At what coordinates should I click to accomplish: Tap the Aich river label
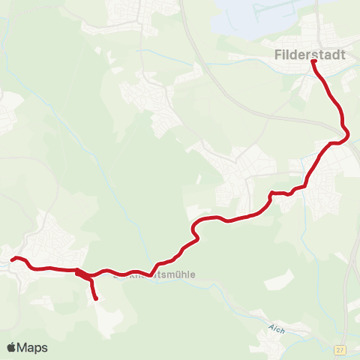click(x=277, y=328)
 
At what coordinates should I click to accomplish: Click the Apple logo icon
click(x=11, y=347)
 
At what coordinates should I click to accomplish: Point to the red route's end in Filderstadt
click(x=313, y=62)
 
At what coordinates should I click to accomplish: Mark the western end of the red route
click(x=12, y=259)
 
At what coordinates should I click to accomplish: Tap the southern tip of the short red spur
click(x=96, y=299)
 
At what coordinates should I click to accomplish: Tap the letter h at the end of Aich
click(x=283, y=331)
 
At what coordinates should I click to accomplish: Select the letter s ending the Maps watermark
click(x=44, y=349)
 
